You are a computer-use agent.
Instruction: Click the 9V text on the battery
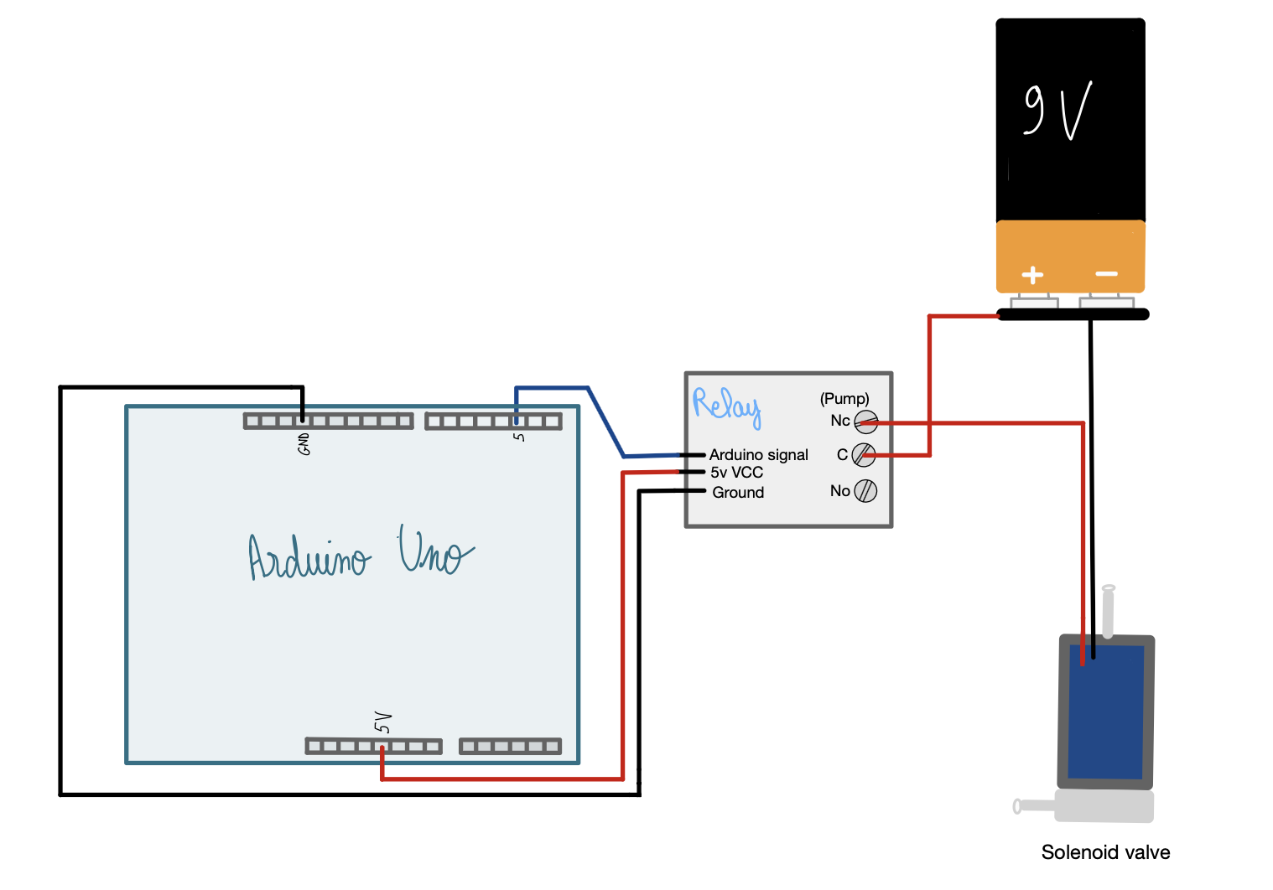pyautogui.click(x=1057, y=111)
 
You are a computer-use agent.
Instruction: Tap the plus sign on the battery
pyautogui.click(x=1032, y=275)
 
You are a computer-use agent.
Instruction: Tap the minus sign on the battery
pyautogui.click(x=1106, y=274)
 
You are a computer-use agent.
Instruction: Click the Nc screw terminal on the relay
pyautogui.click(x=865, y=422)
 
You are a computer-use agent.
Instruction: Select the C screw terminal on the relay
pyautogui.click(x=863, y=455)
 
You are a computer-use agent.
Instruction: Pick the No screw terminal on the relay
pyautogui.click(x=865, y=491)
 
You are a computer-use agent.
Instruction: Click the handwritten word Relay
pyautogui.click(x=726, y=406)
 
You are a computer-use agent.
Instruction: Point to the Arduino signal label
pyautogui.click(x=758, y=455)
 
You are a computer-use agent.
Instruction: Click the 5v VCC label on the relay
pyautogui.click(x=736, y=473)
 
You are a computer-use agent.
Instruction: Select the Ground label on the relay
pyautogui.click(x=738, y=493)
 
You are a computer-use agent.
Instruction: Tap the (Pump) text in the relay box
pyautogui.click(x=844, y=399)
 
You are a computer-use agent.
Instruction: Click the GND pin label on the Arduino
pyautogui.click(x=304, y=444)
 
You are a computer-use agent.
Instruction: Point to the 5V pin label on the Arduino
pyautogui.click(x=382, y=722)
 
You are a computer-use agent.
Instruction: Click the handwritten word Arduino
pyautogui.click(x=309, y=557)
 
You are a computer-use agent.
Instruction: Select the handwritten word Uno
pyautogui.click(x=434, y=551)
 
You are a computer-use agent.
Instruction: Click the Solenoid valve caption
pyautogui.click(x=1105, y=852)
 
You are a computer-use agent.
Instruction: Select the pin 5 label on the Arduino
pyautogui.click(x=519, y=437)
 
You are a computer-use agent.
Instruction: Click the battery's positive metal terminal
pyautogui.click(x=1033, y=302)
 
